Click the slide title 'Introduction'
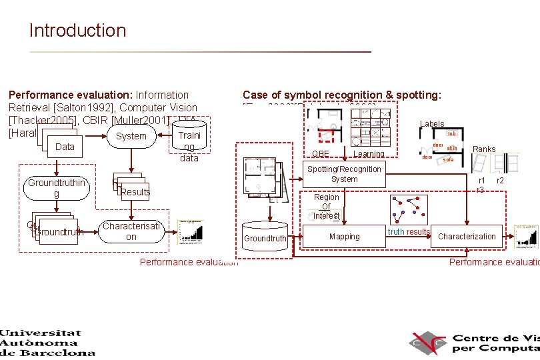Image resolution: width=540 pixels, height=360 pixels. [77, 31]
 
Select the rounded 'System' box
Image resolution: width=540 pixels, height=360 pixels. [131, 136]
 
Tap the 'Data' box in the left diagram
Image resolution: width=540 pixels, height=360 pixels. [65, 147]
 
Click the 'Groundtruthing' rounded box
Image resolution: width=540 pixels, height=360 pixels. [56, 188]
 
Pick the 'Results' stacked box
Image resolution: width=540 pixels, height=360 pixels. [134, 191]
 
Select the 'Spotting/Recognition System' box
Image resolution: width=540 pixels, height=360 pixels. [344, 174]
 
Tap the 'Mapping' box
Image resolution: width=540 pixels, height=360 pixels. [344, 237]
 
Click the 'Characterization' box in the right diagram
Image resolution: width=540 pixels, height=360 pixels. [467, 237]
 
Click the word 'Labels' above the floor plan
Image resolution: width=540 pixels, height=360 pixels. [432, 124]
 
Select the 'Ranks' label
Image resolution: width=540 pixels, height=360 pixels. [484, 149]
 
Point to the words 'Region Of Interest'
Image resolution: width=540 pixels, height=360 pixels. [327, 207]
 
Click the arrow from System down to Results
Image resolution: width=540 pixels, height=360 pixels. [131, 161]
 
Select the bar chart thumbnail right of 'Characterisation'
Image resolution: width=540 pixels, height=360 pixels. [192, 229]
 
